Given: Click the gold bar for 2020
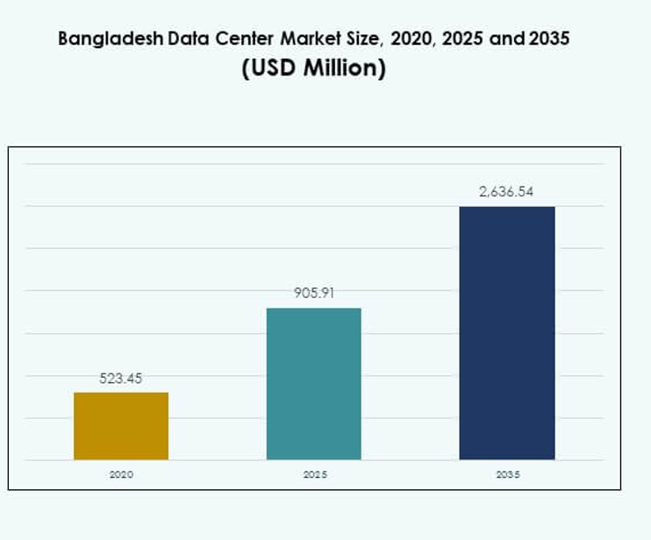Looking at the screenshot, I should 121,426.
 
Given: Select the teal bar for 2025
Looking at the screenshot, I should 314,384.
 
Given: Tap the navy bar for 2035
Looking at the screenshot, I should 507,333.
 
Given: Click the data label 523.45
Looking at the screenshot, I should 121,379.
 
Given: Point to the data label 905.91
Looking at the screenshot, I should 314,294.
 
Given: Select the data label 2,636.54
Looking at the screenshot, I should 507,192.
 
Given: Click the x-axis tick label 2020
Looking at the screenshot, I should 121,474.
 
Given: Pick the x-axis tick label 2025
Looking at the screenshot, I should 314,474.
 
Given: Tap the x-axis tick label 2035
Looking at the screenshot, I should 507,474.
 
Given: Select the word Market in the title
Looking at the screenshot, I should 291,39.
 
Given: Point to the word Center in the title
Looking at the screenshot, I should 228,39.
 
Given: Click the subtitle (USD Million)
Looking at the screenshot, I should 313,68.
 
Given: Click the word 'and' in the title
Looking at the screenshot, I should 510,39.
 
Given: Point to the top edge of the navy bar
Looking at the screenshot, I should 507,207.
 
